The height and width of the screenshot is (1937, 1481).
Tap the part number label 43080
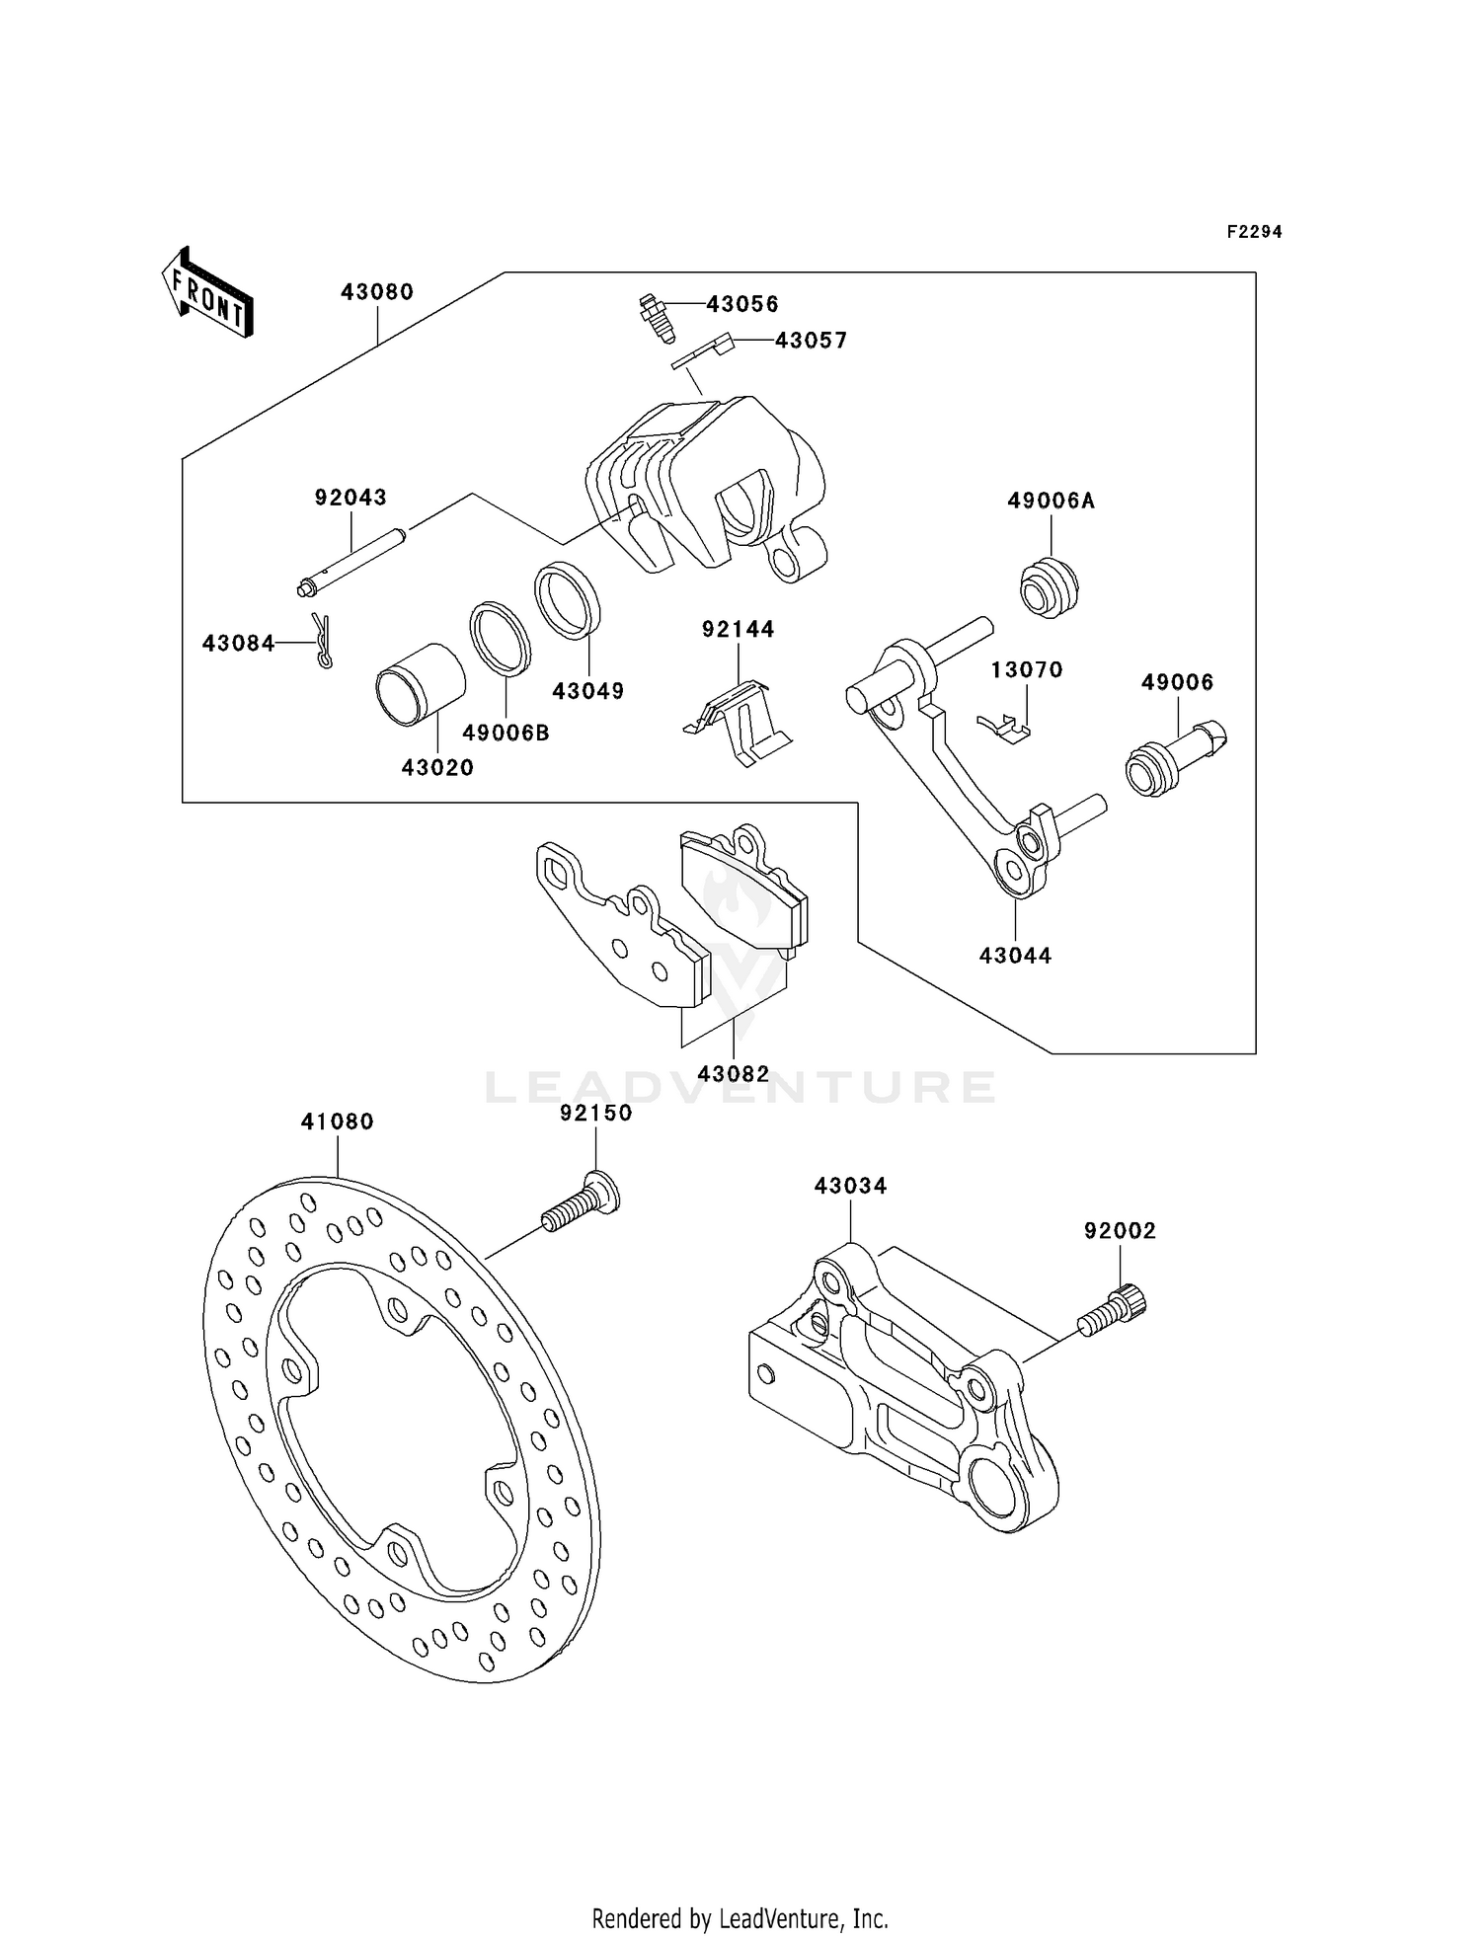377,292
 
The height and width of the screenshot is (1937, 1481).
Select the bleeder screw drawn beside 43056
652,318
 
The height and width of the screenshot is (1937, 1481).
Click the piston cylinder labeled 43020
420,683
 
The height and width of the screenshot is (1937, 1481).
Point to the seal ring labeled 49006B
499,639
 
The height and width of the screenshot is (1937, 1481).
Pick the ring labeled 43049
568,599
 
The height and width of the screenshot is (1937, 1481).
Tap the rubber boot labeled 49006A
1049,587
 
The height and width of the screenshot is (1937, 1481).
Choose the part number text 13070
1027,670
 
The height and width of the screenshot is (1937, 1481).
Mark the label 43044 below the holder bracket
1015,956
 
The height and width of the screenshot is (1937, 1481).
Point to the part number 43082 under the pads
733,1073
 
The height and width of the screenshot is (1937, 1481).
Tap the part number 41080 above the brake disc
338,1122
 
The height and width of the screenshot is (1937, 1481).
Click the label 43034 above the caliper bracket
850,1186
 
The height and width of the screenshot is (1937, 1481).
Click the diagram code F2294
1254,232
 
